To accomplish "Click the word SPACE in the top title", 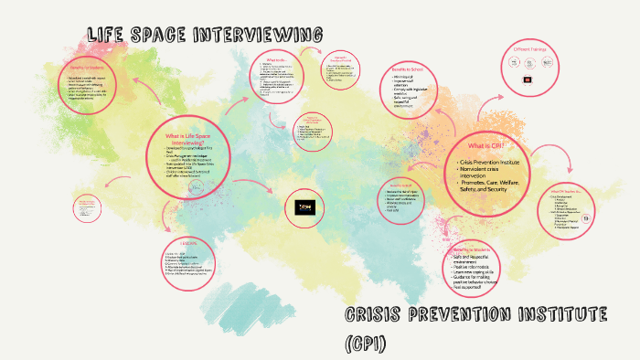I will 160,35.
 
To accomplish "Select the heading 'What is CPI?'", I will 482,146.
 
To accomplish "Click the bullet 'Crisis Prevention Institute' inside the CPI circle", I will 485,162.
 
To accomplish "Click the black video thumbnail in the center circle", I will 304,208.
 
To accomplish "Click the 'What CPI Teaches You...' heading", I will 566,190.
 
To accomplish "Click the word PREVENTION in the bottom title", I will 464,316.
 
